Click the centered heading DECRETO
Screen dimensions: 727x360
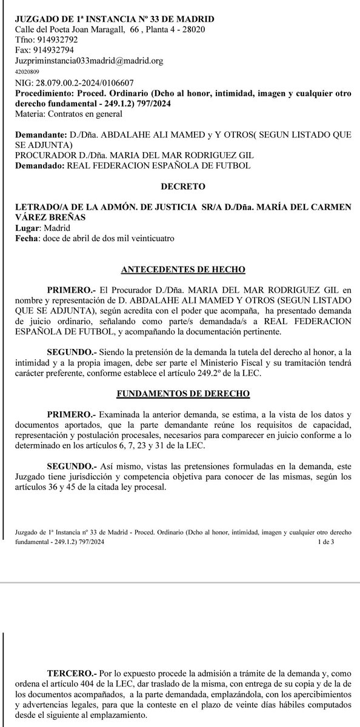tap(180, 188)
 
